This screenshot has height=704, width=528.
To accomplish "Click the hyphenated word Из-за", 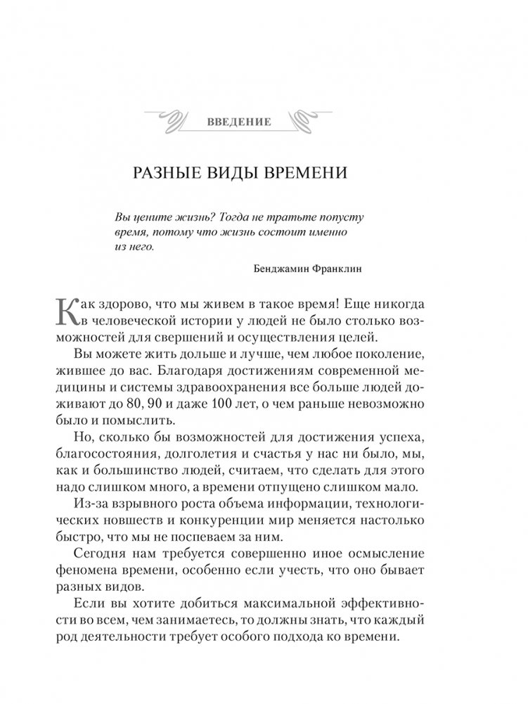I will click(x=89, y=499).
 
